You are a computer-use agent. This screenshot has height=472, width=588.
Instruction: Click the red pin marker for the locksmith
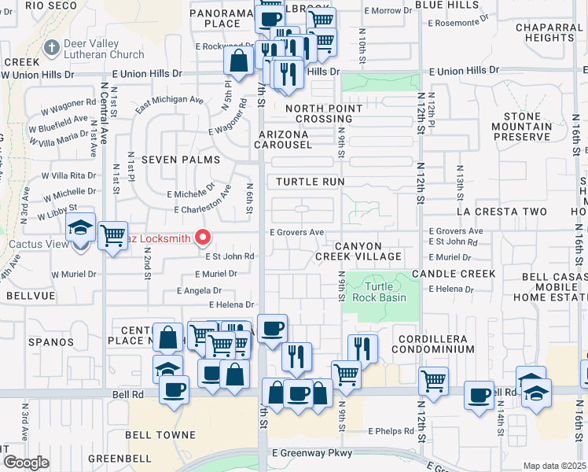point(203,236)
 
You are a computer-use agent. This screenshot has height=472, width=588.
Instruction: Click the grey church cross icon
point(52,48)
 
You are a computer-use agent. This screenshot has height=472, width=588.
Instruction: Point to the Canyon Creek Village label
point(369,251)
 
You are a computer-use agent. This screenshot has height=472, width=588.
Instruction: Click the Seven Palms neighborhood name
point(173,160)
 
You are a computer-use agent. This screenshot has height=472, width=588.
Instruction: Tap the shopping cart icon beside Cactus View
point(112,234)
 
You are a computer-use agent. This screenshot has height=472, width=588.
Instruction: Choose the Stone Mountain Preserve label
point(521,127)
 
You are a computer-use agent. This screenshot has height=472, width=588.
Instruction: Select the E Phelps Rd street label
point(391,431)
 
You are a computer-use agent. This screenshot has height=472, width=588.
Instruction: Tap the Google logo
point(25,463)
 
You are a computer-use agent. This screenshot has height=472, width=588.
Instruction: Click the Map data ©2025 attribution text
point(553,466)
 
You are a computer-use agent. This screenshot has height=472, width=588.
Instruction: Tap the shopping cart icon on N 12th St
point(433,380)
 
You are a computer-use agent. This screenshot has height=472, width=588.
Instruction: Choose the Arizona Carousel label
point(292,139)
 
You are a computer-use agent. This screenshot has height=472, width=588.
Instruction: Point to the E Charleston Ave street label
point(204,211)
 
